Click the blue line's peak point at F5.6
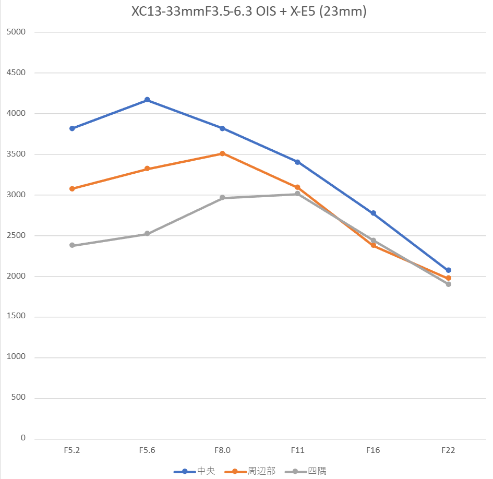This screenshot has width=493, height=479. pyautogui.click(x=147, y=100)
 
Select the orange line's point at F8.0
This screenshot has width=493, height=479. pyautogui.click(x=222, y=153)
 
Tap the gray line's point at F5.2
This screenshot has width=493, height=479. pyautogui.click(x=72, y=245)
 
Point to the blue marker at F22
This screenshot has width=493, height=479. pyautogui.click(x=448, y=270)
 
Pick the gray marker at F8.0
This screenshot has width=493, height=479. pyautogui.click(x=222, y=198)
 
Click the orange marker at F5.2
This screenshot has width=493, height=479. pyautogui.click(x=72, y=189)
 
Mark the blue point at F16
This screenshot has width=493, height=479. pyautogui.click(x=373, y=213)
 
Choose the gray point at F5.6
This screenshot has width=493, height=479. pyautogui.click(x=147, y=234)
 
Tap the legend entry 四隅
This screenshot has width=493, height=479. pyautogui.click(x=317, y=471)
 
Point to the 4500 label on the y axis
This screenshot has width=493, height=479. pyautogui.click(x=16, y=73)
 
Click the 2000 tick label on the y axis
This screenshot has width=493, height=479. pyautogui.click(x=16, y=276)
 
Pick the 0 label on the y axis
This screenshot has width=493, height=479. pyautogui.click(x=23, y=438)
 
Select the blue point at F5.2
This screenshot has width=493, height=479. pyautogui.click(x=72, y=128)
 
